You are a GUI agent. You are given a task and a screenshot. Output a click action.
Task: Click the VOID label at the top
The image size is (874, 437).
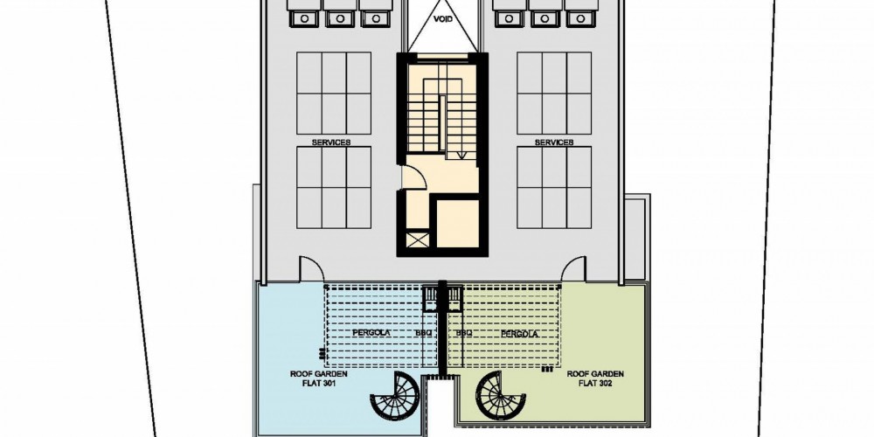tap(443, 18)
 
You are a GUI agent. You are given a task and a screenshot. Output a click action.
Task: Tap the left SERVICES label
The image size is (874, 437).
tap(331, 142)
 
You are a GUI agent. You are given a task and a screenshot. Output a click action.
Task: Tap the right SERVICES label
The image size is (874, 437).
tap(554, 142)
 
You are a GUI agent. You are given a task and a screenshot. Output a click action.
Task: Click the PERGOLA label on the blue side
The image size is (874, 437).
tap(371, 333)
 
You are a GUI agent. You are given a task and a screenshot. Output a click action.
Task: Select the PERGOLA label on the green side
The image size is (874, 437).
tap(519, 334)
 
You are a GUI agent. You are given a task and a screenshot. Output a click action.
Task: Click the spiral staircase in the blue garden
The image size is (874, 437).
tap(395, 396)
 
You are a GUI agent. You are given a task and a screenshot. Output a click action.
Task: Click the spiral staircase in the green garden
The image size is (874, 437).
tap(501, 396)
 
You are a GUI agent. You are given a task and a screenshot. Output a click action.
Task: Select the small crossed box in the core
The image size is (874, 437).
tap(419, 240)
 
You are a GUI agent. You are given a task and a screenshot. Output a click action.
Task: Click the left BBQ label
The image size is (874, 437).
tap(422, 333)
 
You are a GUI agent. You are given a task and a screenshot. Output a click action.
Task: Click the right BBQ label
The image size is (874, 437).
tap(464, 333)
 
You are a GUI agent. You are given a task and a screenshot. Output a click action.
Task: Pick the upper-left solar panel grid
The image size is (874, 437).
tap(334, 94)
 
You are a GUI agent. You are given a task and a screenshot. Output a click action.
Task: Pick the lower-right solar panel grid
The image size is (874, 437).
tap(554, 187)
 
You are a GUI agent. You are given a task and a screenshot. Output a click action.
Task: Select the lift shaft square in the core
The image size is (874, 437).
tap(457, 223)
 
